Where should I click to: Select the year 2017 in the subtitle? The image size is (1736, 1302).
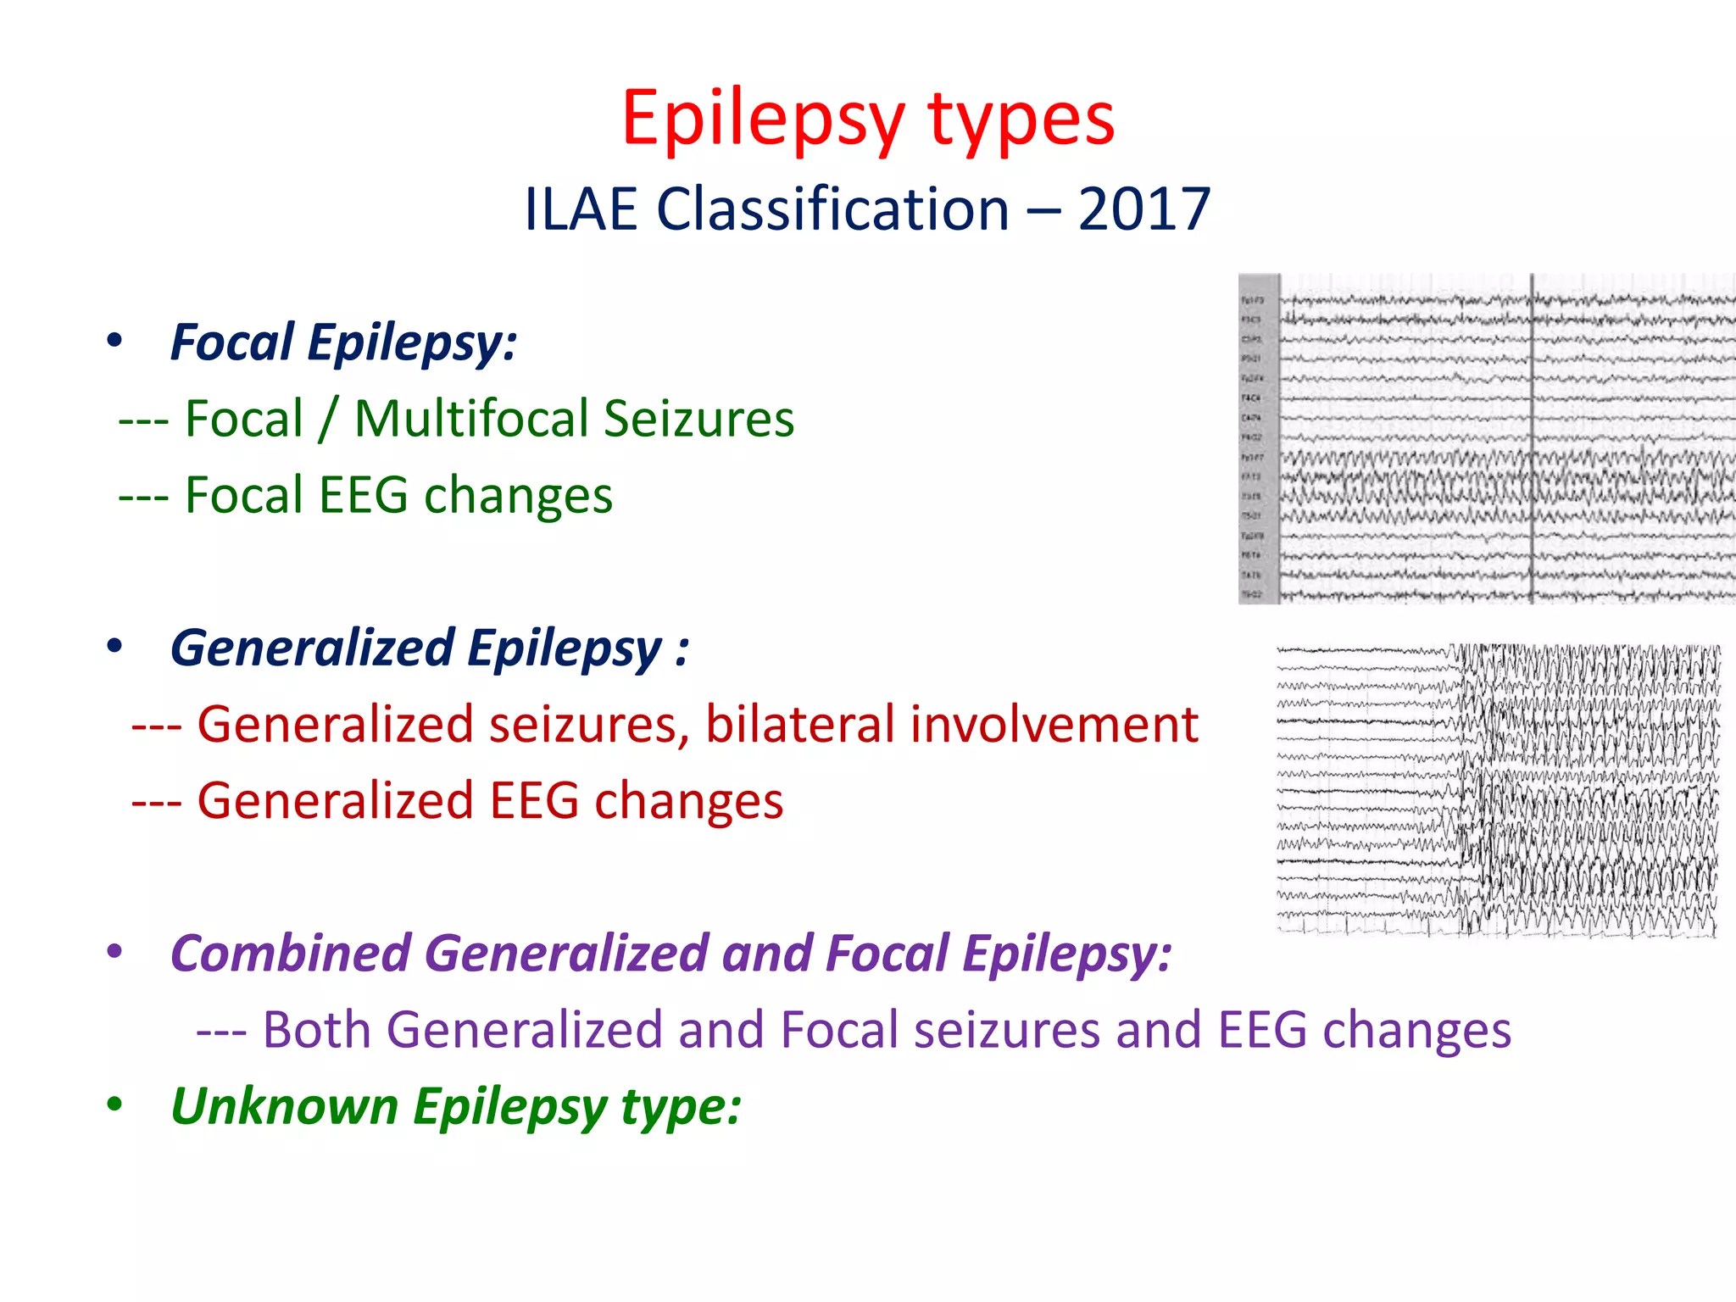click(1143, 209)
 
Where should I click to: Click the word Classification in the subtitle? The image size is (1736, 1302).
click(832, 209)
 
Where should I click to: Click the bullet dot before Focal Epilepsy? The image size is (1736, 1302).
click(115, 342)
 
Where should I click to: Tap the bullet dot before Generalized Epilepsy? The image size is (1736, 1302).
click(115, 648)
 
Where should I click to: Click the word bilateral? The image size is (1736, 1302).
click(798, 725)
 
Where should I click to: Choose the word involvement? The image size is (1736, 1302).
click(1054, 725)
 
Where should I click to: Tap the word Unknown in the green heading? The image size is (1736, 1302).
click(284, 1106)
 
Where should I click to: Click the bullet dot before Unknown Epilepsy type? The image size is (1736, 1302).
click(115, 1105)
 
